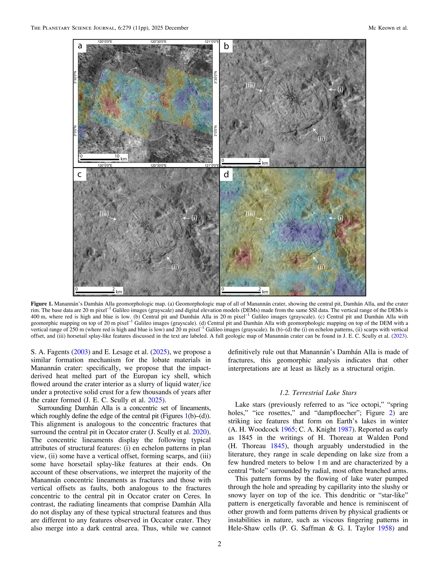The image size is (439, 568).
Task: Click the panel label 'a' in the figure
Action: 80,46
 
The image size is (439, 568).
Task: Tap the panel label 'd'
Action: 226,174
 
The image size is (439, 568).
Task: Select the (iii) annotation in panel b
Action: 250,85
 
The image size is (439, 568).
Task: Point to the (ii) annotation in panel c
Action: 175,267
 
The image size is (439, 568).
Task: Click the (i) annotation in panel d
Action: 340,218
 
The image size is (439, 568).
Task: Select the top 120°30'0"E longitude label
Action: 158,42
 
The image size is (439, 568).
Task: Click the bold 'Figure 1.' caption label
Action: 42,304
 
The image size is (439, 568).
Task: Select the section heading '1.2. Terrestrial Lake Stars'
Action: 318,393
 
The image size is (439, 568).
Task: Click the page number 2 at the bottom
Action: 219,544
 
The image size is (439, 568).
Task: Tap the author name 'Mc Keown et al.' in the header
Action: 388,28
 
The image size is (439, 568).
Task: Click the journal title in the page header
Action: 109,28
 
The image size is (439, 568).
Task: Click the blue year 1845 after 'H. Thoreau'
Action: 278,446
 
